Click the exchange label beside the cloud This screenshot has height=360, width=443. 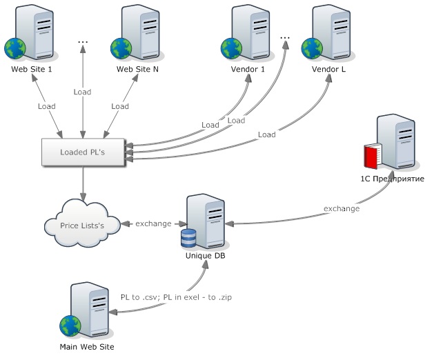153,223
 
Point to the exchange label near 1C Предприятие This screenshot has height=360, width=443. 341,208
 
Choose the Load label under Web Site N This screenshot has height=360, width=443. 120,107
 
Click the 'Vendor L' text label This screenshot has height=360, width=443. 328,70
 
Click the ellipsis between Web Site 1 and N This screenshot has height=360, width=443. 83,43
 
